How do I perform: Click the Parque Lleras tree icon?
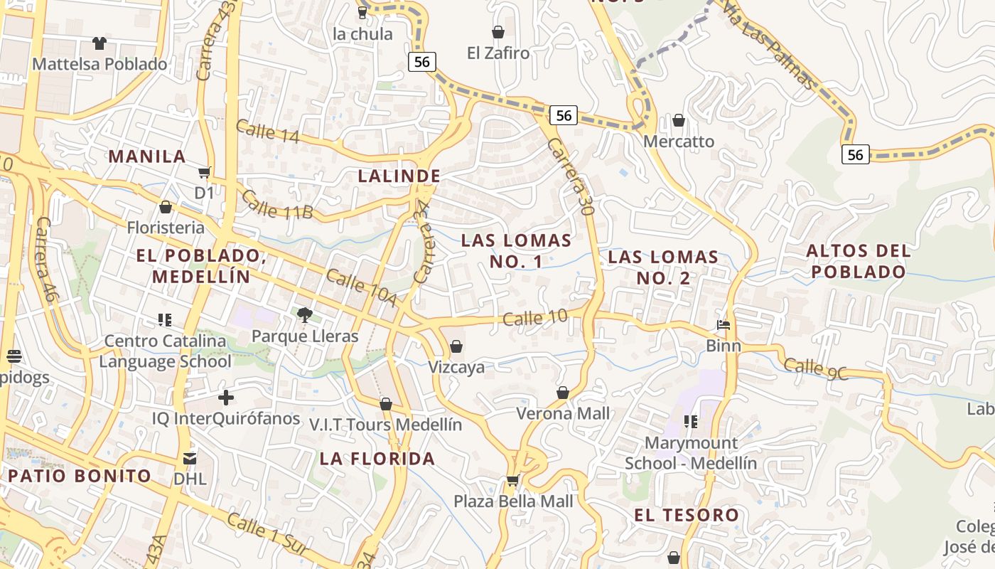tap(304, 314)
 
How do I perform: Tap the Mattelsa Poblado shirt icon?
tap(99, 43)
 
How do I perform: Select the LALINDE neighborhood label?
tap(399, 176)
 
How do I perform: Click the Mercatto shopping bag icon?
tap(679, 120)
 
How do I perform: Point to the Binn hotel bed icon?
tap(724, 326)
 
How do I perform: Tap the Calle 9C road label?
tap(815, 369)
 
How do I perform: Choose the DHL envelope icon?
tap(190, 459)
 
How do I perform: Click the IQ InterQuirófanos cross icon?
tap(226, 398)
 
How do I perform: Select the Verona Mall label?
tap(562, 413)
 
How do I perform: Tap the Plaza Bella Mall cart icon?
tap(512, 481)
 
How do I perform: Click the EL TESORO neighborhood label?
tap(687, 515)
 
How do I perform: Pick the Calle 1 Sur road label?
tap(267, 534)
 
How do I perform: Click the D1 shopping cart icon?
tap(205, 172)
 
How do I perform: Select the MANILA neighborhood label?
tap(146, 156)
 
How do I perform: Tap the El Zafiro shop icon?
tap(498, 32)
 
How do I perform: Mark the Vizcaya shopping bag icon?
tap(456, 346)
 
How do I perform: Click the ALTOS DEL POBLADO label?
tap(859, 261)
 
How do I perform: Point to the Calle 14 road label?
tap(267, 132)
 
